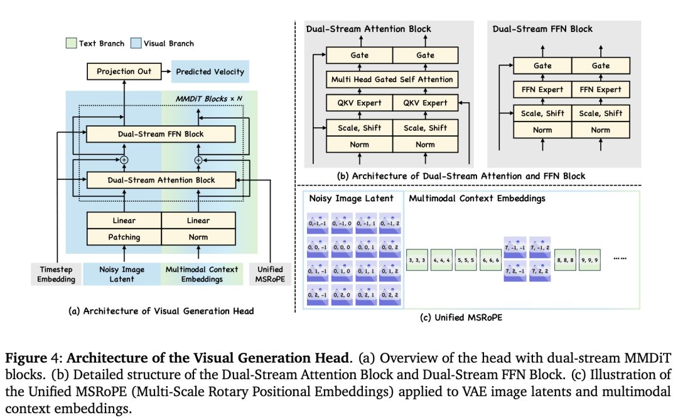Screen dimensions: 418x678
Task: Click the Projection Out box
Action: [124, 71]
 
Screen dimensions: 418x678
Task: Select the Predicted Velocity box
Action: [210, 71]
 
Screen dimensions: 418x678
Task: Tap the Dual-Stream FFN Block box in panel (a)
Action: [161, 133]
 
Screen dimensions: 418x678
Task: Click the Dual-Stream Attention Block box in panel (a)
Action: [161, 180]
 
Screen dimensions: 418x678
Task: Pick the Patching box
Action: [124, 237]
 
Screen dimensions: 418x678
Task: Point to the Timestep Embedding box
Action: [55, 274]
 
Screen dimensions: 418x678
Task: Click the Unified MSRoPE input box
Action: [270, 274]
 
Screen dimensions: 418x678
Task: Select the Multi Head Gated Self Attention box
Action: [392, 80]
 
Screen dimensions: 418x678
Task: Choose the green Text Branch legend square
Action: [71, 43]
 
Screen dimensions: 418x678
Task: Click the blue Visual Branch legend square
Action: [136, 43]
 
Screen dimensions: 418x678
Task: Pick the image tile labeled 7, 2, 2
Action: [540, 273]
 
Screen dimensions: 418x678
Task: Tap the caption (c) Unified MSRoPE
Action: [461, 318]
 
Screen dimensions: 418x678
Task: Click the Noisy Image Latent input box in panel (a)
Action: [122, 274]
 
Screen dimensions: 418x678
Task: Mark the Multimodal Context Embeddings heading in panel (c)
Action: [478, 199]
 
